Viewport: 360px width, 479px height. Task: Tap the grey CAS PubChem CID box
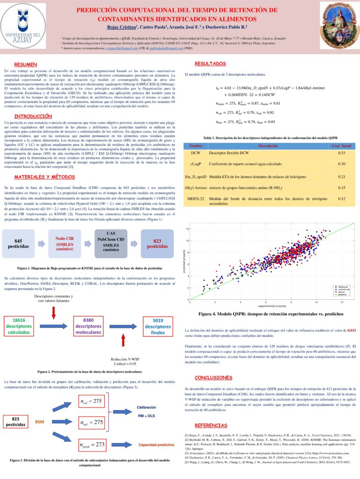click(111, 243)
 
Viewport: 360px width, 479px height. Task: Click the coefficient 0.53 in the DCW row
click(342, 153)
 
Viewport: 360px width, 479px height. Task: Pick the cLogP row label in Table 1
click(196, 164)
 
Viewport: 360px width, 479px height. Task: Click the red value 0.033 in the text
click(351, 330)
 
